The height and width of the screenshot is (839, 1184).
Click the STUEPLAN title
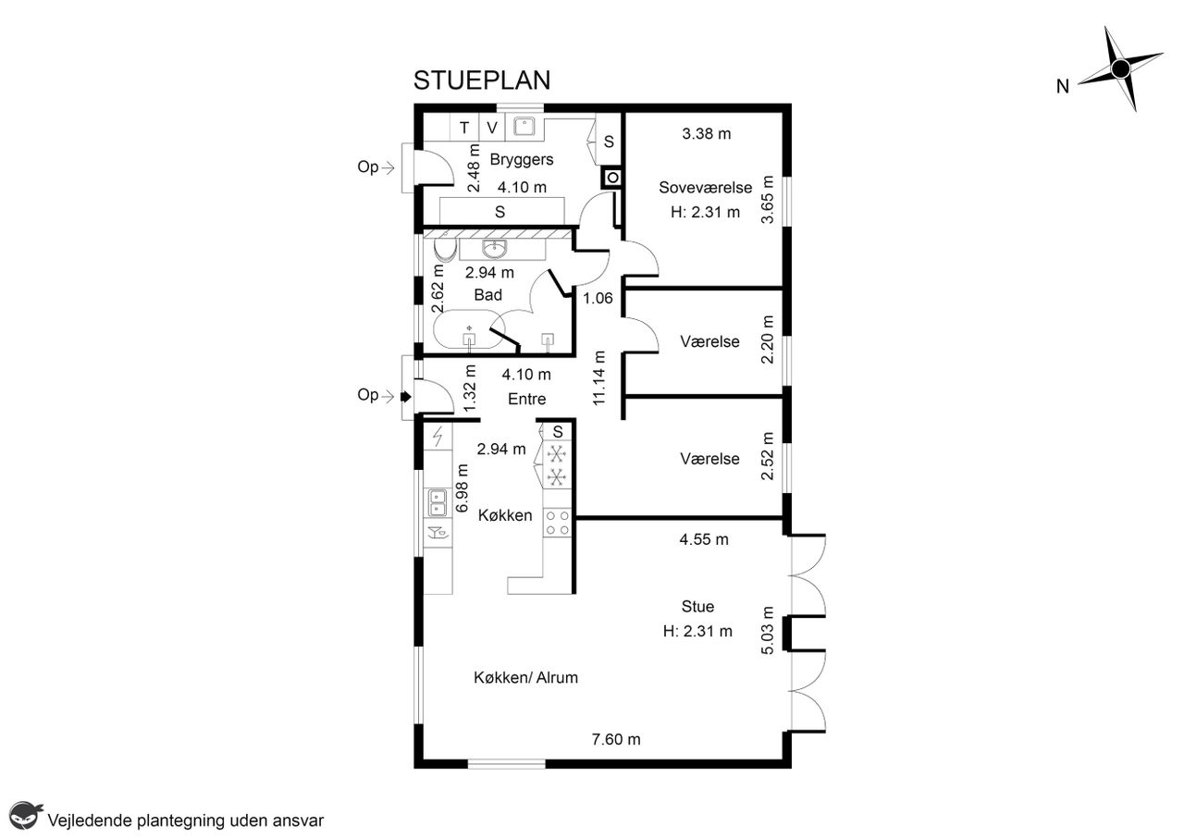click(482, 80)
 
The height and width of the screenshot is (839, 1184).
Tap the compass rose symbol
click(1120, 68)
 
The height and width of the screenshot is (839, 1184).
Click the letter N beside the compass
click(1063, 87)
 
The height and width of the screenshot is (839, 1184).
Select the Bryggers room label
click(521, 160)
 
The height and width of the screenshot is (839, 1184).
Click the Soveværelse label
click(705, 188)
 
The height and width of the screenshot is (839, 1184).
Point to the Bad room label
click(487, 295)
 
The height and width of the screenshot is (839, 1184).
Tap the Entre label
click(526, 399)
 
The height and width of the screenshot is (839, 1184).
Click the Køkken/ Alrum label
click(525, 678)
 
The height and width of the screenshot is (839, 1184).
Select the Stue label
click(697, 607)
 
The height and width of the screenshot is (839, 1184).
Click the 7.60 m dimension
click(616, 739)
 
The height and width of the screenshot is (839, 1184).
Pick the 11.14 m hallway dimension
click(598, 378)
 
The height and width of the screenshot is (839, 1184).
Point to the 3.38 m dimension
click(706, 134)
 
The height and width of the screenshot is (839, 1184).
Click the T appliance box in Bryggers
click(464, 128)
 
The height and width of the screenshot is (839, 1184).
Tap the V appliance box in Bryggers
click(492, 128)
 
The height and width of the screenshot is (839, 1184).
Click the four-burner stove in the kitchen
click(558, 523)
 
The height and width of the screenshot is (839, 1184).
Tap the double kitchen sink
click(438, 503)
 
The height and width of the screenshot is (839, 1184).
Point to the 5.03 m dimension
click(768, 630)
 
